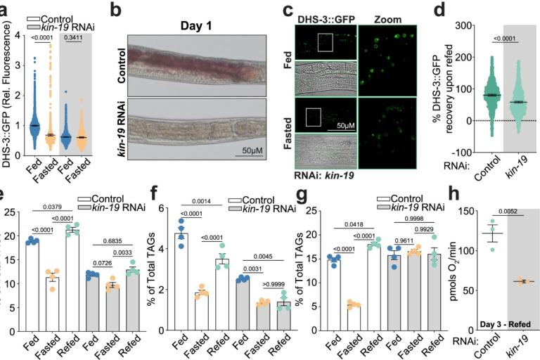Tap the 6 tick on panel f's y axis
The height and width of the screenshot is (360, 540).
[161, 210]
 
